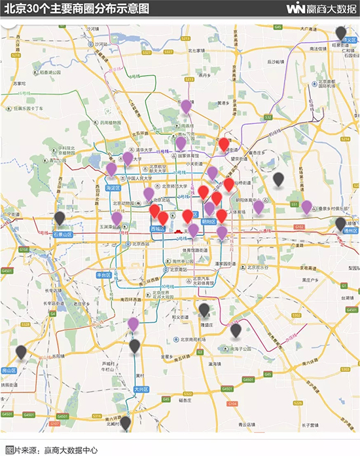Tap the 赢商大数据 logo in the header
pyautogui.click(x=321, y=9)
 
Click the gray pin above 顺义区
pyautogui.click(x=340, y=32)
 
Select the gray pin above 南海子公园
pyautogui.click(x=236, y=330)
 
